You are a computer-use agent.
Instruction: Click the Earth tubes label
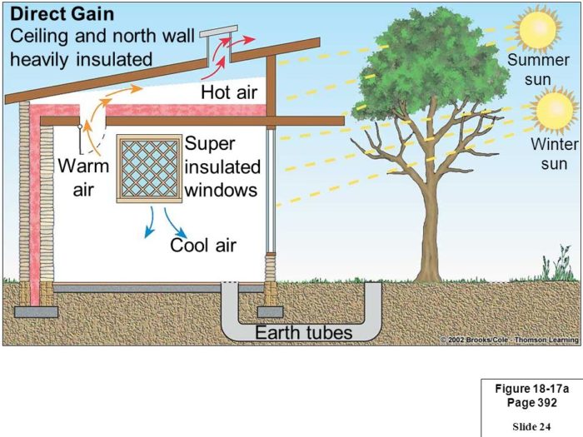(303, 333)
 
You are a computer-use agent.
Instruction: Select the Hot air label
(229, 92)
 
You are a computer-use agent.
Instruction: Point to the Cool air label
(203, 245)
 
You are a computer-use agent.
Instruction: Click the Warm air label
(83, 177)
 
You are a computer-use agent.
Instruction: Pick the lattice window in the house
(148, 168)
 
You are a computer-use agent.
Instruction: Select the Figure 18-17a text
(526, 390)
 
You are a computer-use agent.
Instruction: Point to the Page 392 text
(526, 403)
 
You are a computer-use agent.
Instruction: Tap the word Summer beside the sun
(538, 61)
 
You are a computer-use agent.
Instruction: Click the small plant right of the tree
(550, 268)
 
